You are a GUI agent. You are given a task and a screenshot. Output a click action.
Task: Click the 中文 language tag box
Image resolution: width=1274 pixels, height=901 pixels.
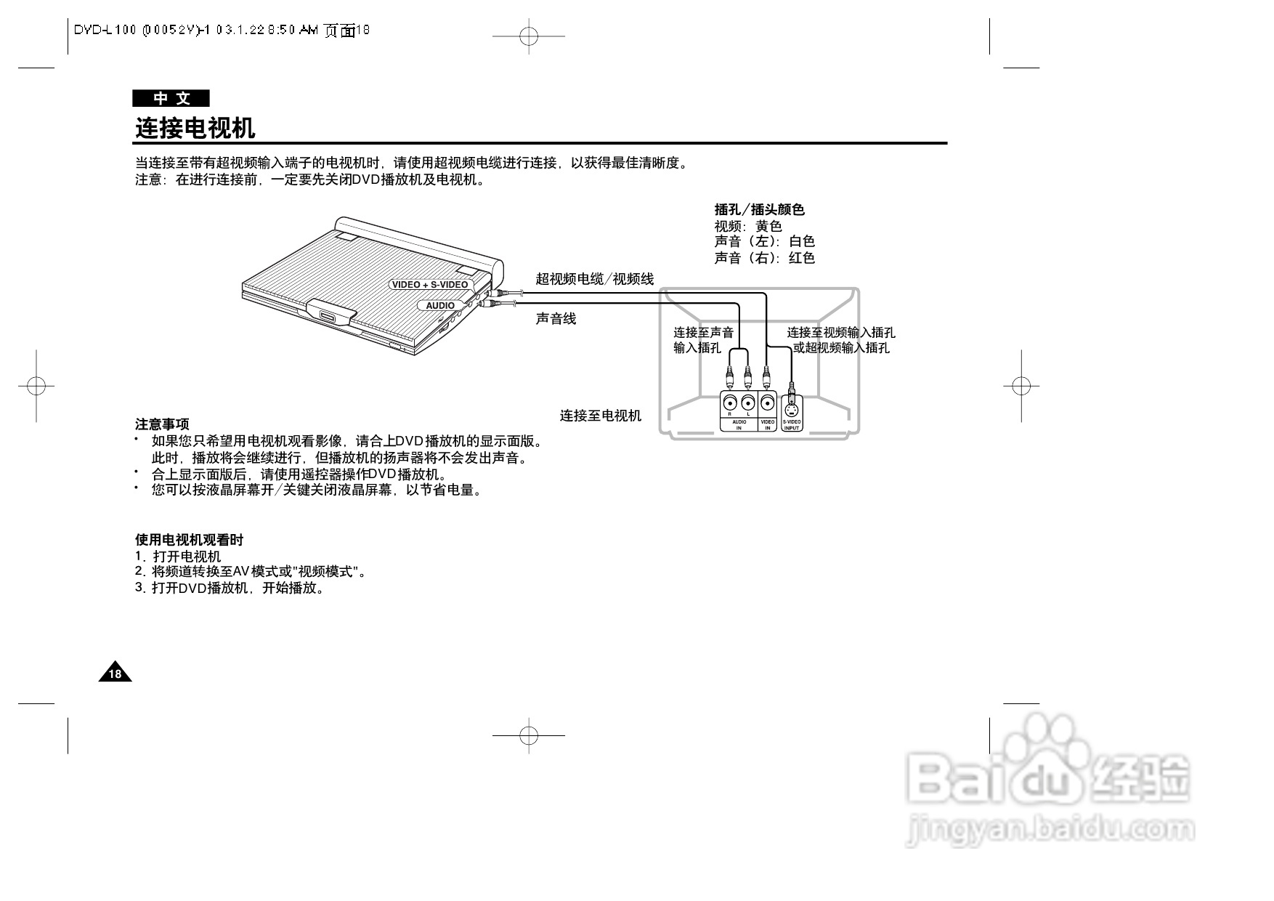pyautogui.click(x=171, y=99)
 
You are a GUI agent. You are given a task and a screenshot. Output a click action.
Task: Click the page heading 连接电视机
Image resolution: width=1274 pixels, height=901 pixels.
pyautogui.click(x=195, y=129)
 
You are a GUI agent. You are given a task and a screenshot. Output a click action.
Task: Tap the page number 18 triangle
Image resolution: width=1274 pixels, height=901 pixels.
pyautogui.click(x=115, y=674)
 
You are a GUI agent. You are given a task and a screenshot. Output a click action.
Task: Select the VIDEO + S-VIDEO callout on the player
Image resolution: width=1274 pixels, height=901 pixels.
pyautogui.click(x=429, y=284)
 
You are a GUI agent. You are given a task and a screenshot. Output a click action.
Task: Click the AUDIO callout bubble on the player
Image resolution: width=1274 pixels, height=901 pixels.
pyautogui.click(x=440, y=305)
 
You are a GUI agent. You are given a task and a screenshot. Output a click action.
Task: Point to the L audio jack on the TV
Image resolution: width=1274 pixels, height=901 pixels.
pyautogui.click(x=748, y=403)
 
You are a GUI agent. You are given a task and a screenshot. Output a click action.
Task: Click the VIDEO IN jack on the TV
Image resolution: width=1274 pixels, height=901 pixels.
pyautogui.click(x=767, y=403)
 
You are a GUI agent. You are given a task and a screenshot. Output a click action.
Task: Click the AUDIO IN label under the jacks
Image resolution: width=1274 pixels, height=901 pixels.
pyautogui.click(x=739, y=424)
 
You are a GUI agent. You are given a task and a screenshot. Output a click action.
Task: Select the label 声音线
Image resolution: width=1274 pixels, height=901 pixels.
pyautogui.click(x=556, y=318)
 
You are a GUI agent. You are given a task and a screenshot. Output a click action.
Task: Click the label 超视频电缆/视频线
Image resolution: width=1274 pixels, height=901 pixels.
pyautogui.click(x=594, y=278)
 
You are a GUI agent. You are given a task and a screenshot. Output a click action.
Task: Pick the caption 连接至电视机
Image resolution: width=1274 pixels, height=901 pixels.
pyautogui.click(x=600, y=415)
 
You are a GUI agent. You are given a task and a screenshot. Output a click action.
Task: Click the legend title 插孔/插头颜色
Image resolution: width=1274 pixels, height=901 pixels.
pyautogui.click(x=759, y=209)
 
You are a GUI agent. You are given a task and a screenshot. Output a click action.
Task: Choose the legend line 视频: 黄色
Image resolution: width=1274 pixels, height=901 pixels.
pyautogui.click(x=747, y=226)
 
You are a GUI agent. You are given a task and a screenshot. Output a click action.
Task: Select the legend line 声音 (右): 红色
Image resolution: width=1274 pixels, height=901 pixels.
pyautogui.click(x=764, y=258)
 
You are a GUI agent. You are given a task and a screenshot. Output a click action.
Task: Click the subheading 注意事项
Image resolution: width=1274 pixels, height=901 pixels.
pyautogui.click(x=162, y=424)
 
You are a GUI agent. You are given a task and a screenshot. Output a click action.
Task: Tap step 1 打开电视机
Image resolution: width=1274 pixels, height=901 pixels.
pyautogui.click(x=178, y=556)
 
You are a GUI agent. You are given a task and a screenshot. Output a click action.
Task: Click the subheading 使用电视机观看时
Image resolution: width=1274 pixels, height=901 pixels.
pyautogui.click(x=189, y=539)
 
